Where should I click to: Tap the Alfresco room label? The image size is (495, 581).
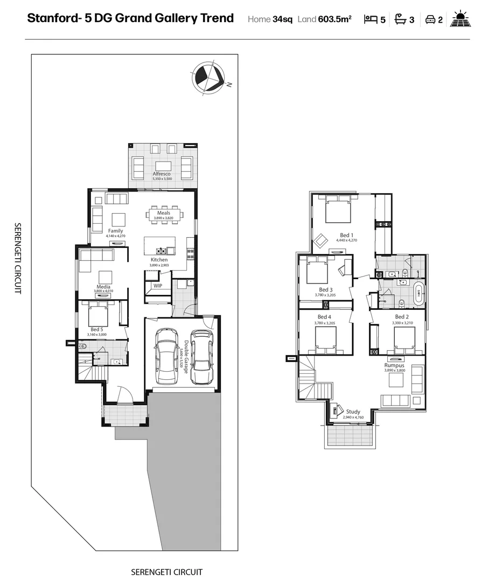click(x=162, y=174)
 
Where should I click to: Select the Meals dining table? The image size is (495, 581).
click(x=164, y=214)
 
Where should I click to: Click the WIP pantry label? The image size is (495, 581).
click(x=157, y=286)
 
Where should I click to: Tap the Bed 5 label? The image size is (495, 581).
click(x=97, y=329)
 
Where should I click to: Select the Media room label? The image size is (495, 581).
click(x=103, y=287)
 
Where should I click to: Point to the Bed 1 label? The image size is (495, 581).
click(x=346, y=235)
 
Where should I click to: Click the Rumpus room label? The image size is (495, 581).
click(x=395, y=365)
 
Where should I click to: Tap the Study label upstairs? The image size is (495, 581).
click(x=353, y=412)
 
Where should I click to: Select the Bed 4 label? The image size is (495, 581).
click(x=324, y=317)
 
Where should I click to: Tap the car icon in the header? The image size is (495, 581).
click(x=430, y=20)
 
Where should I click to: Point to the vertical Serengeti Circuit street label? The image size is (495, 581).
click(x=18, y=258)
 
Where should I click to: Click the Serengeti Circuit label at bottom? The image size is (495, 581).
click(x=166, y=572)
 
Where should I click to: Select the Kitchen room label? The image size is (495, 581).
click(x=159, y=260)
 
